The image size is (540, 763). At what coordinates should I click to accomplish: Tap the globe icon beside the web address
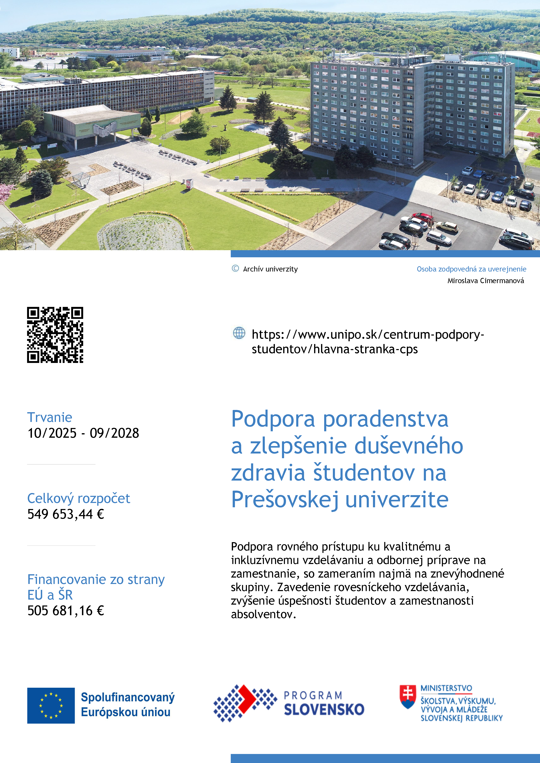(239, 333)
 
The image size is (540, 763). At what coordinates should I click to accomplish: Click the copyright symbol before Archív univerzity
(235, 269)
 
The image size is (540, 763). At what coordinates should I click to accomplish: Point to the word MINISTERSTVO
(446, 688)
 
